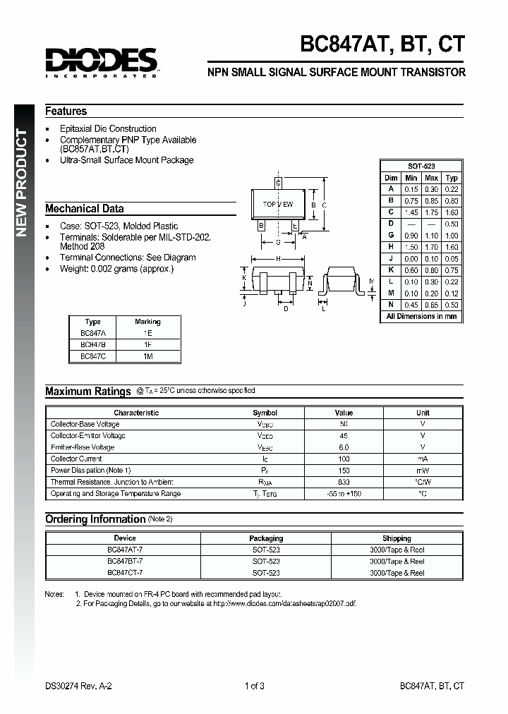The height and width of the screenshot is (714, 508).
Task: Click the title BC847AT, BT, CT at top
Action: pos(382,44)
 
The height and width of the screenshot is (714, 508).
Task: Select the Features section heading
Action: pos(66,111)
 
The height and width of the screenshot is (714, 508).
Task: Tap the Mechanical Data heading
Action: pos(85,208)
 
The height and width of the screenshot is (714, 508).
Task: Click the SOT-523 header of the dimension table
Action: pos(421,165)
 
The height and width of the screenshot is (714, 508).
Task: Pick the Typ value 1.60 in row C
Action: pos(452,212)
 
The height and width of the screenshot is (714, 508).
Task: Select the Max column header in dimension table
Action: pos(432,178)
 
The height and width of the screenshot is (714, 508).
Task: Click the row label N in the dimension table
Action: pos(390,305)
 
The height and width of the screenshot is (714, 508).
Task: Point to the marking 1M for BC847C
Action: pos(147,357)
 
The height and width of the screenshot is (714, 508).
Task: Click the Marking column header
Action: pos(147,322)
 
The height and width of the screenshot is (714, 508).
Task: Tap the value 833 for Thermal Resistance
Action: pos(344,482)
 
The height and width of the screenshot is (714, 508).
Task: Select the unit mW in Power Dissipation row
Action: pos(423,471)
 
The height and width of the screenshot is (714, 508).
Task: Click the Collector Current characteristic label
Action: pos(76,459)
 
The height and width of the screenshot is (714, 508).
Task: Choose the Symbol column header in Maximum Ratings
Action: pos(265,413)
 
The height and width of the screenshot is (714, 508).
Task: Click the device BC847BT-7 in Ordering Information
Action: pos(125,561)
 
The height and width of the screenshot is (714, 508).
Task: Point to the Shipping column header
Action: pos(397,538)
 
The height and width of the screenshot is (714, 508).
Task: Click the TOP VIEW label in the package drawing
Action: pos(277,204)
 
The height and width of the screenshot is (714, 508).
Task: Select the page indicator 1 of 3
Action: pos(254,685)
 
